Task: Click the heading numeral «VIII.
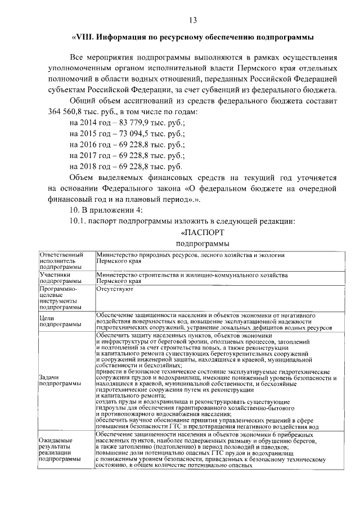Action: click(x=84, y=37)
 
